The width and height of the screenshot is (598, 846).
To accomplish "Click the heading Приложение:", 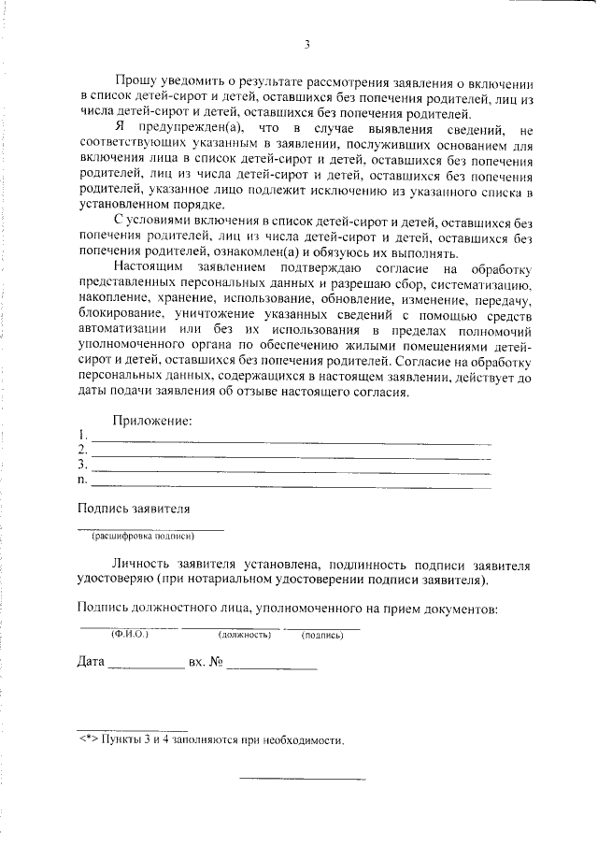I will [x=152, y=421].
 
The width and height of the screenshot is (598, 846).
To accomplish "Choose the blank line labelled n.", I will [x=290, y=485].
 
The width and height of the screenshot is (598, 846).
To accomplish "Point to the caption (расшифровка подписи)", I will [x=142, y=537].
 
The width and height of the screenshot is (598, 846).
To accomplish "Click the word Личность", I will [x=140, y=566].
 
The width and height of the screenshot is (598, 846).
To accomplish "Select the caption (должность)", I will [x=244, y=636].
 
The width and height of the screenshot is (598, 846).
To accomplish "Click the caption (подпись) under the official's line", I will [x=322, y=636].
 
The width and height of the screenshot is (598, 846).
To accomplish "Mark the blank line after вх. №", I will [x=271, y=667].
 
